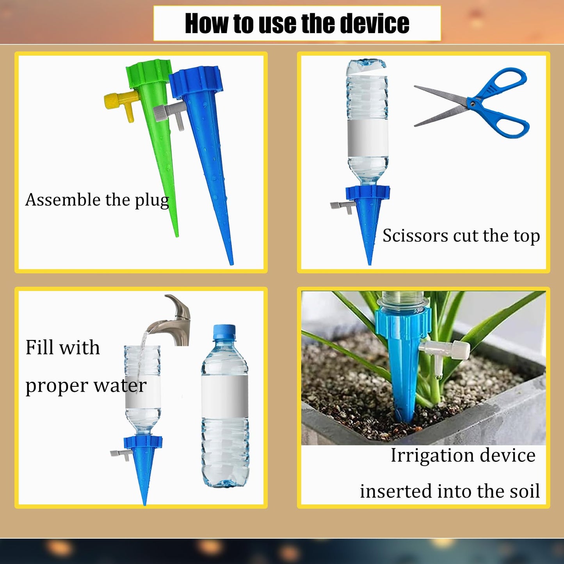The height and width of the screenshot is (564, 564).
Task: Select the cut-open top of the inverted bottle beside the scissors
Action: [x=367, y=65]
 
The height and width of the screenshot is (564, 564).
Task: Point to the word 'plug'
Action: [x=151, y=201]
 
